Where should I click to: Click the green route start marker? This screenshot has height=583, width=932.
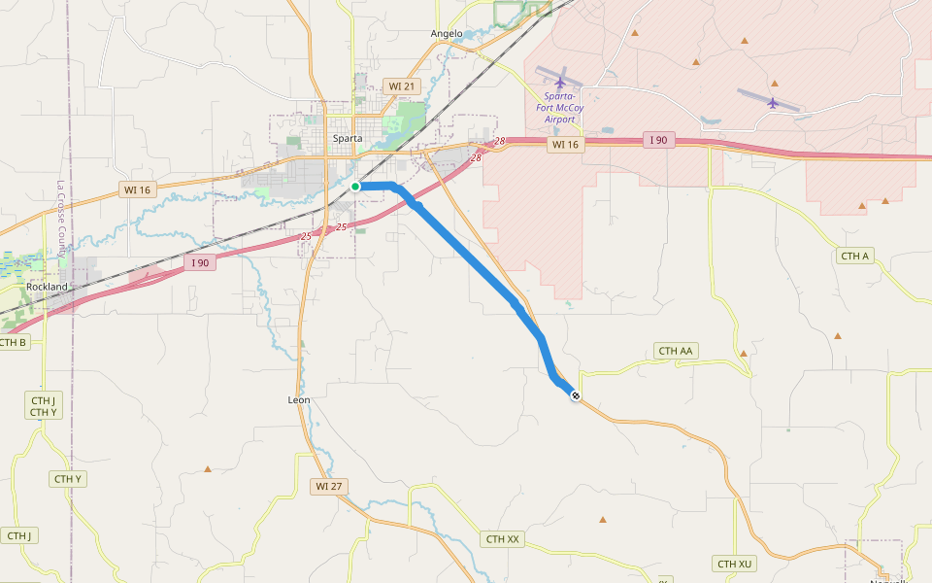(x=355, y=186)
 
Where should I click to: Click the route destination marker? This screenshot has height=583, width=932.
(x=576, y=395)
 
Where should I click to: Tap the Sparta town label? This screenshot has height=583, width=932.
(x=348, y=138)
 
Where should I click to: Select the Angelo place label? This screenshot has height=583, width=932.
(x=447, y=33)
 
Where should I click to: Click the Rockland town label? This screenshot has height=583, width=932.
(x=48, y=288)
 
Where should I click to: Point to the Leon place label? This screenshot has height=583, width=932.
(x=299, y=399)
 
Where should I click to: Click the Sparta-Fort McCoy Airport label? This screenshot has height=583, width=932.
(x=559, y=108)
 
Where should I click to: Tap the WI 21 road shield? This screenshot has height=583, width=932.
(x=402, y=86)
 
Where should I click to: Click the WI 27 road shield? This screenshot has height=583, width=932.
(x=330, y=485)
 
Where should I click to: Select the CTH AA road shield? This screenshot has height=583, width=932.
(x=677, y=351)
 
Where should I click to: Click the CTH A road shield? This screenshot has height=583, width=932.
(x=854, y=256)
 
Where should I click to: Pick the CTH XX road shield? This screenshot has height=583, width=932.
(x=503, y=539)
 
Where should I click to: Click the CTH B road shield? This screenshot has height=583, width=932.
(x=13, y=342)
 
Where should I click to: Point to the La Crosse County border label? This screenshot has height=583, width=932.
(x=60, y=219)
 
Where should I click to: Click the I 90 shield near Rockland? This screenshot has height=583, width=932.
(x=200, y=262)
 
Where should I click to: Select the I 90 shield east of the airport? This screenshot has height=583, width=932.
(x=658, y=141)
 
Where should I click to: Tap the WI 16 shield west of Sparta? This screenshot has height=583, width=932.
(x=137, y=189)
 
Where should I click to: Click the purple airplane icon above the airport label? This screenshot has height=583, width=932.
(x=560, y=81)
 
